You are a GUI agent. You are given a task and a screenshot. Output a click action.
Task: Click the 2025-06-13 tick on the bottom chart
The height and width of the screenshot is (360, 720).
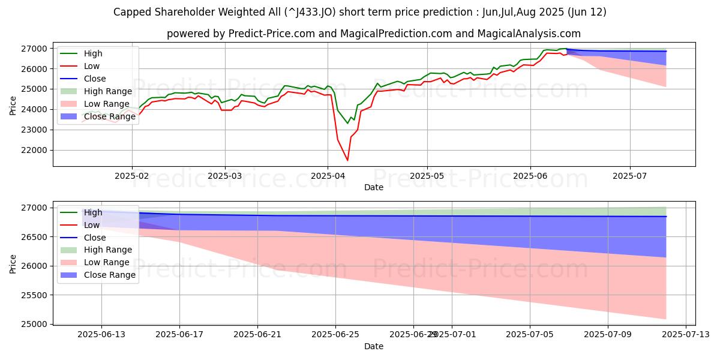[x=101, y=335]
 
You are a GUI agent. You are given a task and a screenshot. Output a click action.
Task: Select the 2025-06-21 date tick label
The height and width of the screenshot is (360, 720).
[x=257, y=335]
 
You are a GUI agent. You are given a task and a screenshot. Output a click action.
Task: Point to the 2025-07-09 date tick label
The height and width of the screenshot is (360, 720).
[x=608, y=335]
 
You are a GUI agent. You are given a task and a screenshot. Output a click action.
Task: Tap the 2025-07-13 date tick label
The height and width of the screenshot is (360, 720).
[x=686, y=335]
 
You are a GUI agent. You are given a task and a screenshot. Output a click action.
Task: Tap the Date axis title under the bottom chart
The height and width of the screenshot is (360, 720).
[x=374, y=346]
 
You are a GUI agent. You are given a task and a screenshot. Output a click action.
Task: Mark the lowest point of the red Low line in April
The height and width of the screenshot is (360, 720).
[x=347, y=160]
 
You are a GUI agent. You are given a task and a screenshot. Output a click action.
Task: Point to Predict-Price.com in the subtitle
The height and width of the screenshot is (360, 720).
[x=272, y=34]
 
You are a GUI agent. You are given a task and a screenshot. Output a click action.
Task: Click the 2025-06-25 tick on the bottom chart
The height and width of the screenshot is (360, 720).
[x=335, y=335]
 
